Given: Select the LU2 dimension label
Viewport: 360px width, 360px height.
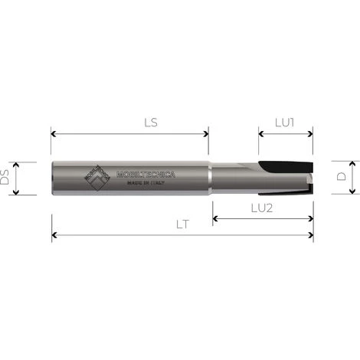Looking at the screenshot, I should click(x=263, y=208).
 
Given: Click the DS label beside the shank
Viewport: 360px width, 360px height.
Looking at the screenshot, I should click(x=6, y=178).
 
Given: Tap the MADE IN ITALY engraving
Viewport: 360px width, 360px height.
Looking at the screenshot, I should click(x=146, y=183).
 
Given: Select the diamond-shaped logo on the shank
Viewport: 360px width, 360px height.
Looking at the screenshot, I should click(x=96, y=178).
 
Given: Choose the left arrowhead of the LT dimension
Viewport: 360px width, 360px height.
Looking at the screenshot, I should click(x=54, y=237).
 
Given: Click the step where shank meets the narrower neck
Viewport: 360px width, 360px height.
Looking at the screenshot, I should click(x=209, y=178).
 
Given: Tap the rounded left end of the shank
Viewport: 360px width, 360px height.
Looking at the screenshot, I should click(x=53, y=178).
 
